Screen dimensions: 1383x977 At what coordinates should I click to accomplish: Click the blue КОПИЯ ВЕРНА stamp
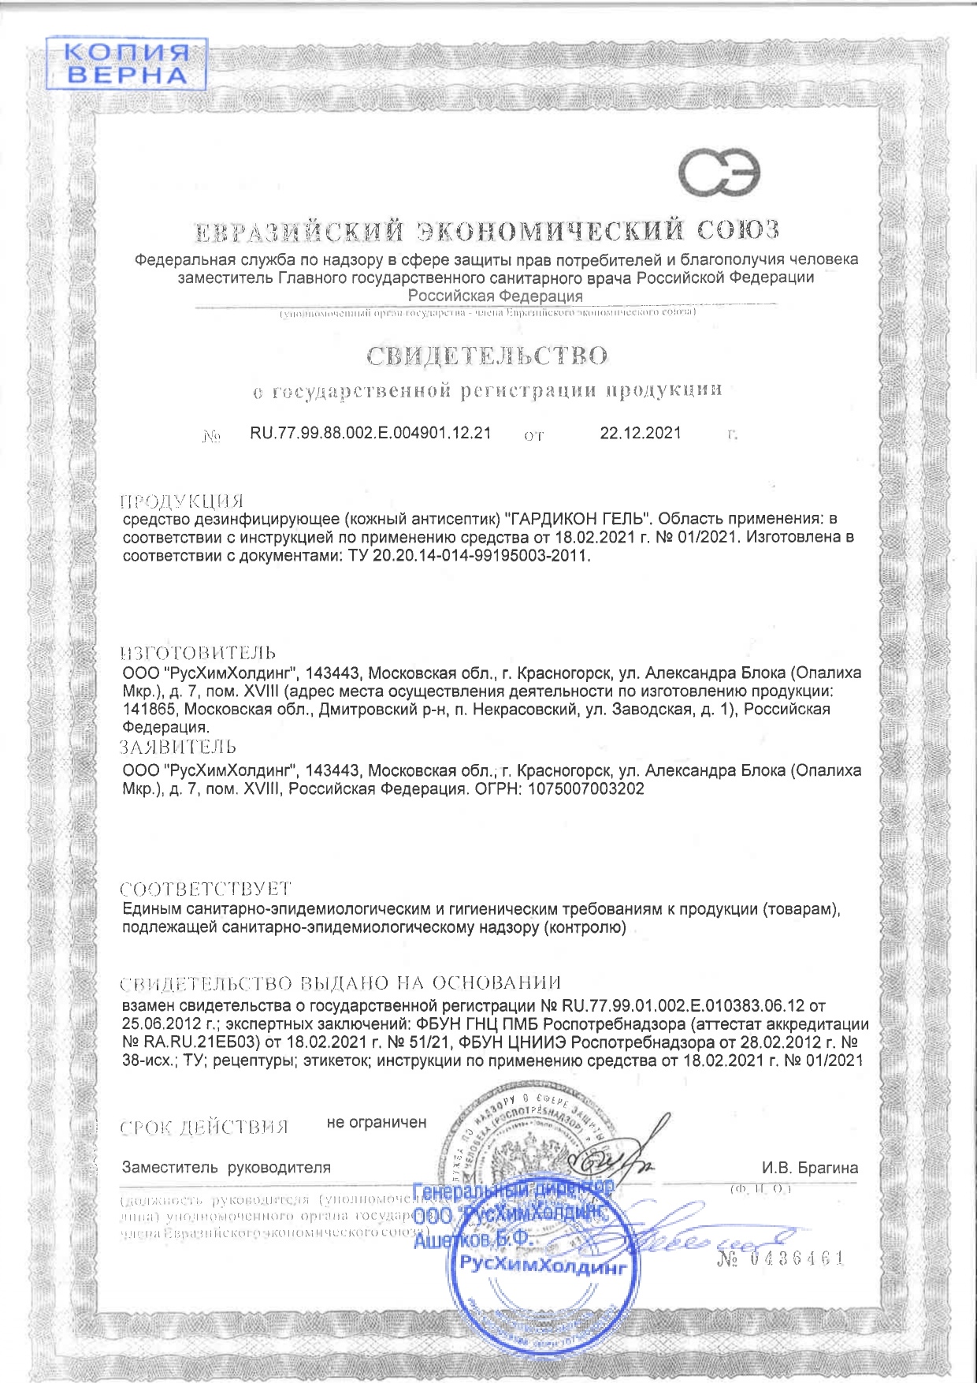click(126, 63)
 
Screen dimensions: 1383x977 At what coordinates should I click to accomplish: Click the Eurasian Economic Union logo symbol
click(721, 173)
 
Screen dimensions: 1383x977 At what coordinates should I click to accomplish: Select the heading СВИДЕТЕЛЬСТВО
click(487, 356)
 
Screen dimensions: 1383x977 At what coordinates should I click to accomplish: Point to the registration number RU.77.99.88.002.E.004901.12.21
click(370, 433)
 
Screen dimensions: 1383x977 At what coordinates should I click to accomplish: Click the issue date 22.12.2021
click(641, 433)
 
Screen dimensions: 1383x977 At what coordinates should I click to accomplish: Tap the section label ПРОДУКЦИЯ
click(181, 501)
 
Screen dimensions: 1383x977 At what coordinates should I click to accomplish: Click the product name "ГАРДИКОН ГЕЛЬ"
click(574, 519)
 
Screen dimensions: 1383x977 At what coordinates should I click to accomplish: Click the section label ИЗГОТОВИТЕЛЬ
click(199, 653)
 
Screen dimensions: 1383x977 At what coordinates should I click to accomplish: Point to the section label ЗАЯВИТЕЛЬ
click(178, 747)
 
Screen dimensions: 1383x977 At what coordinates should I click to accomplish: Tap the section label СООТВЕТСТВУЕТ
click(206, 889)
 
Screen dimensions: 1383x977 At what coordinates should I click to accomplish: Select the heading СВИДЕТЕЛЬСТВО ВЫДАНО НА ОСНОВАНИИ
click(340, 983)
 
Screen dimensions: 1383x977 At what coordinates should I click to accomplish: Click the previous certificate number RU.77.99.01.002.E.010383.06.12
click(683, 1006)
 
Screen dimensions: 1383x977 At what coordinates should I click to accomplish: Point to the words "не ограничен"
click(377, 1122)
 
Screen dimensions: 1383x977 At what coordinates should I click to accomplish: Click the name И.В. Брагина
click(809, 1168)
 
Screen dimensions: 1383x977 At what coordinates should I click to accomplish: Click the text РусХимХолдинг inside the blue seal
click(543, 1267)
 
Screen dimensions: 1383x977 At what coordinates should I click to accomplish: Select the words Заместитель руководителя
click(226, 1167)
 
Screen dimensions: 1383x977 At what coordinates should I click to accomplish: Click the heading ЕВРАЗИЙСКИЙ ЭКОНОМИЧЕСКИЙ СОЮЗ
click(488, 230)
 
